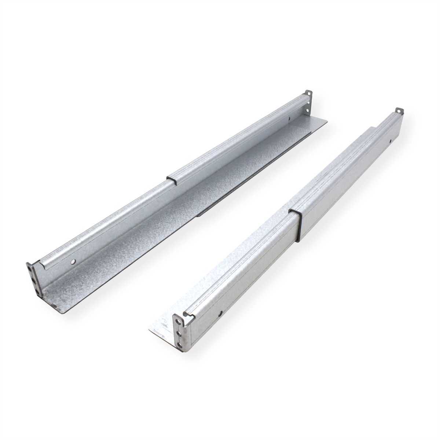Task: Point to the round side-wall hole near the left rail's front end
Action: (x=74, y=262)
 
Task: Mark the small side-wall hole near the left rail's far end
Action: (x=289, y=118)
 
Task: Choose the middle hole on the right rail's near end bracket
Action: (x=179, y=330)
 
